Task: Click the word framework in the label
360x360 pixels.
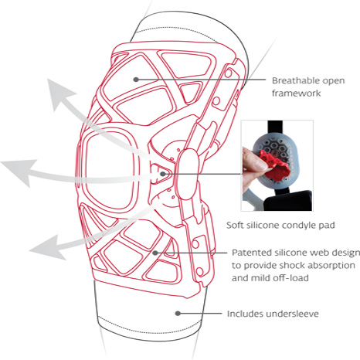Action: point(296,93)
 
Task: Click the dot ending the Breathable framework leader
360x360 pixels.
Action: point(136,80)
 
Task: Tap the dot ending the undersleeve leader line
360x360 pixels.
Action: point(178,314)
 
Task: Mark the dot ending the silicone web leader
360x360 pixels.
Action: point(155,253)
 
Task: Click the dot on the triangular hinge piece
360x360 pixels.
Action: point(163,174)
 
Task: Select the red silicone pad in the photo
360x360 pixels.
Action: point(275,164)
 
